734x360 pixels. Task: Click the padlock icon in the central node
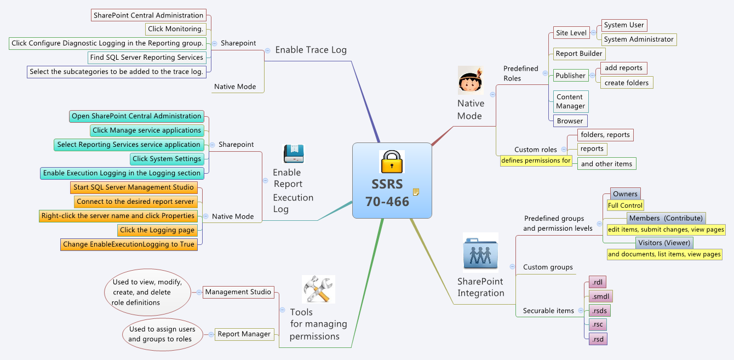[392, 162]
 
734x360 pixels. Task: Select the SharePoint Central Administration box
[148, 15]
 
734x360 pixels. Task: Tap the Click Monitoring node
[176, 29]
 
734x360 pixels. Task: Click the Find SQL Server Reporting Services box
[147, 58]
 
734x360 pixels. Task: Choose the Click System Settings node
[167, 159]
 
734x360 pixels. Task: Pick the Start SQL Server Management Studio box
[134, 187]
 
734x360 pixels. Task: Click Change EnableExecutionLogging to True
[129, 244]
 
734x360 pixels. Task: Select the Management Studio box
[238, 292]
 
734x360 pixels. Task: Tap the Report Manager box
[244, 334]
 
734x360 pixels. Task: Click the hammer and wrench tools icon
[318, 289]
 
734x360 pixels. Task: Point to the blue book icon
[294, 154]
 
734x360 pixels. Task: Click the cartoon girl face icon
[471, 81]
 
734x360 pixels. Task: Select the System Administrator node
[638, 39]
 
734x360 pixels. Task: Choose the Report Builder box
[579, 54]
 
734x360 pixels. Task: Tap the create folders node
[626, 83]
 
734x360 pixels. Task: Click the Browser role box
[570, 121]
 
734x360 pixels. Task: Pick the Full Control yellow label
[625, 205]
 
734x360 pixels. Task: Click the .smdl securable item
[600, 296]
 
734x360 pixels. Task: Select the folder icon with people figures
[480, 253]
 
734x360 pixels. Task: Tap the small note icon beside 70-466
[416, 192]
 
